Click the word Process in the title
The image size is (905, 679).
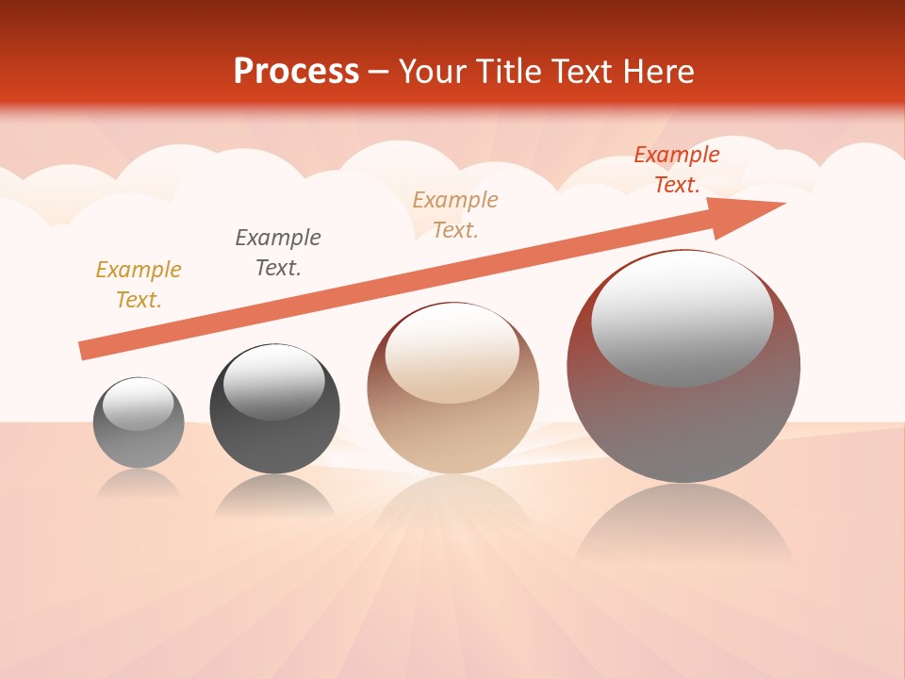pyautogui.click(x=296, y=72)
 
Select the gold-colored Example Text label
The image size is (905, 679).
pyautogui.click(x=139, y=285)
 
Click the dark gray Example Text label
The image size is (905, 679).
pyautogui.click(x=278, y=253)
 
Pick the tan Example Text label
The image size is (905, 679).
pyautogui.click(x=455, y=215)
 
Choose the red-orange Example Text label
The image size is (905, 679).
pyautogui.click(x=676, y=170)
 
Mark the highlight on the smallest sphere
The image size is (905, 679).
pyautogui.click(x=138, y=405)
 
